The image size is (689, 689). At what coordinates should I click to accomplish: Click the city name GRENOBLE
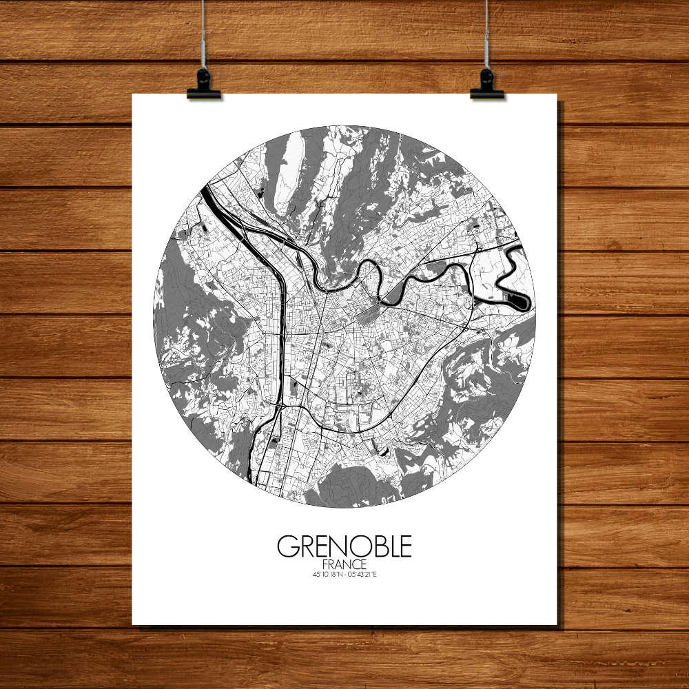[344, 546]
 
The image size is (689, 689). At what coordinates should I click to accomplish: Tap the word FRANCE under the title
[344, 564]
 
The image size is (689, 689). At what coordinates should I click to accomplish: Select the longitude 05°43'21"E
[363, 574]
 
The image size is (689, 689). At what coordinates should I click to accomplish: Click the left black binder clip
[203, 86]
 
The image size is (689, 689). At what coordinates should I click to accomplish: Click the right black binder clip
[487, 86]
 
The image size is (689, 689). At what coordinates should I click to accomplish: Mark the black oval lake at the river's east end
[520, 300]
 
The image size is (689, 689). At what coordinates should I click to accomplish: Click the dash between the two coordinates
[344, 574]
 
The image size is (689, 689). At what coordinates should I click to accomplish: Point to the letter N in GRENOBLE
[335, 546]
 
